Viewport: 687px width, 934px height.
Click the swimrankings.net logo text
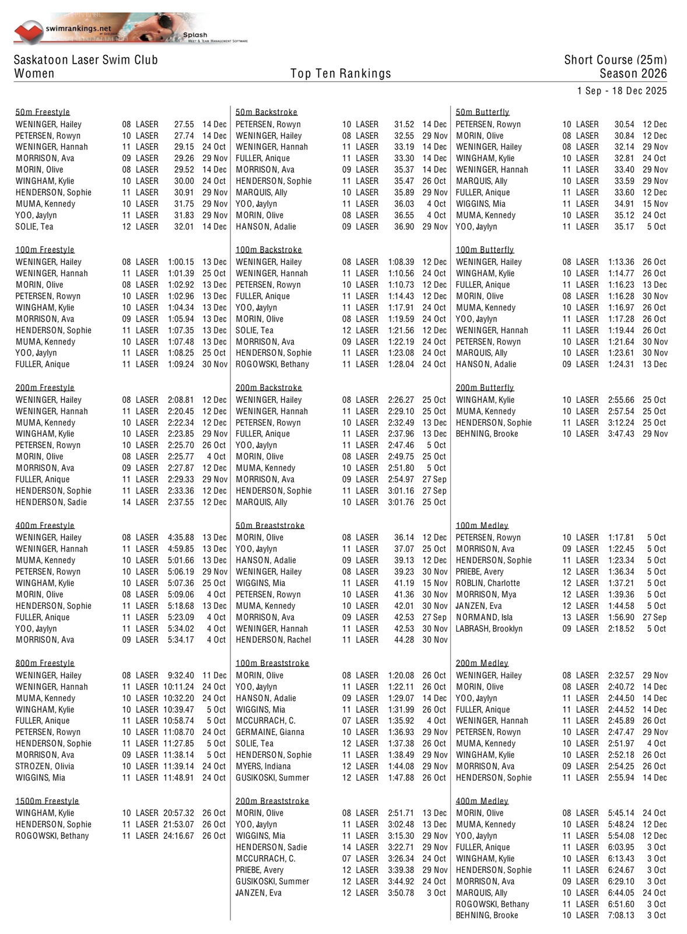click(78, 28)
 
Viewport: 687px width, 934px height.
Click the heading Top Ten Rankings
click(341, 74)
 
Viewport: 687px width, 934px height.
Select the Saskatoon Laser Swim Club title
click(86, 60)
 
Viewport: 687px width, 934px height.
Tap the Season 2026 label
click(633, 74)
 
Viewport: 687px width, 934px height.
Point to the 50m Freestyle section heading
click(43, 112)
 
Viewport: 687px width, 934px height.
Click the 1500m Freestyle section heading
click(47, 801)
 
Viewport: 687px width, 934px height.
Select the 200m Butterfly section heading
click(485, 388)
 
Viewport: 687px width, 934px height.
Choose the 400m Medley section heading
click(482, 801)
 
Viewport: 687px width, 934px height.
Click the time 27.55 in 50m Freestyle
click(184, 124)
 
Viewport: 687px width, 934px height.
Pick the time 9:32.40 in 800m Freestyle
click(181, 675)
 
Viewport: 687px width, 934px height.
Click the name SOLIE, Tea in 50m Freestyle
click(34, 226)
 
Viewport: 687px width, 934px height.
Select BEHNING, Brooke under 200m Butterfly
click(486, 434)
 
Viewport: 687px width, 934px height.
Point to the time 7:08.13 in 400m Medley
click(621, 915)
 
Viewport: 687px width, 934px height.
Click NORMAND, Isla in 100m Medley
click(484, 617)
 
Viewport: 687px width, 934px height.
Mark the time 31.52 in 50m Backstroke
click(404, 124)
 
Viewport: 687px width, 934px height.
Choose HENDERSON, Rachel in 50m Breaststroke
click(274, 640)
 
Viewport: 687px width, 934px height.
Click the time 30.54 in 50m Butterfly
click(624, 124)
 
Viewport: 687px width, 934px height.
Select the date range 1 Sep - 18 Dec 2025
click(622, 91)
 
